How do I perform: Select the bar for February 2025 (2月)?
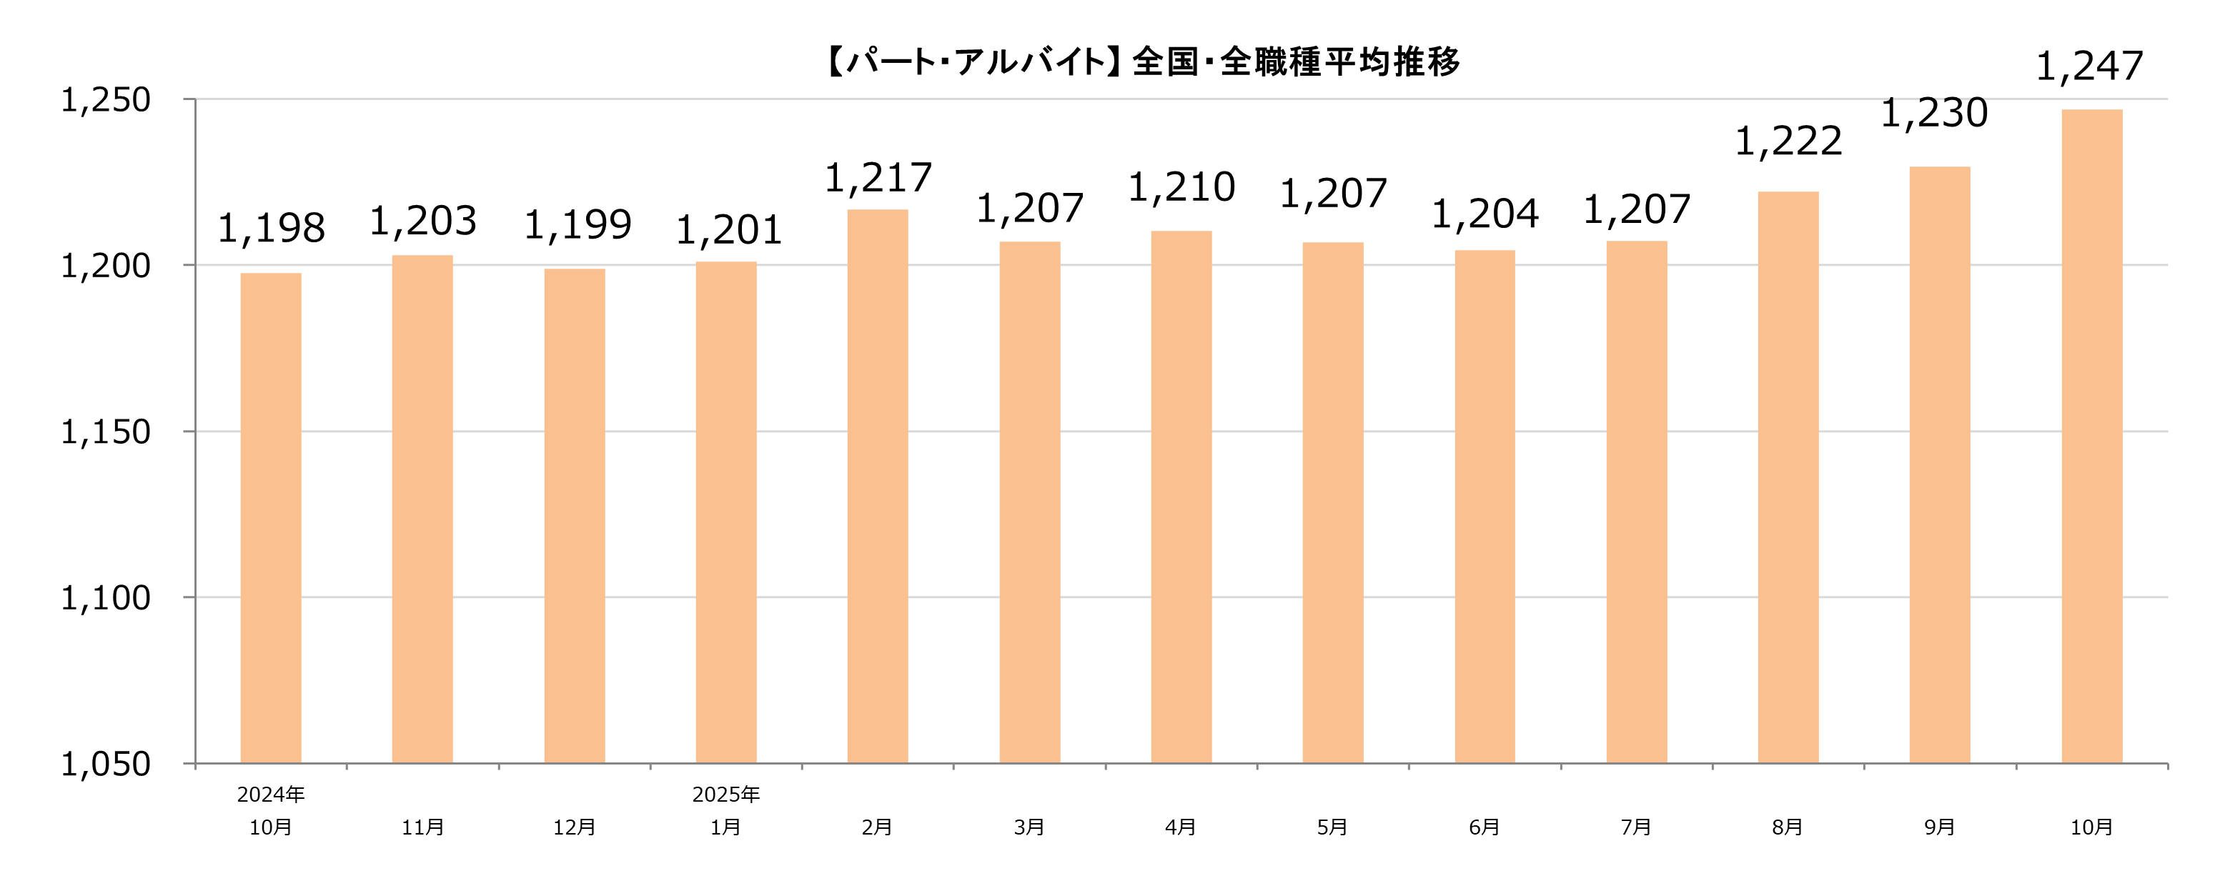coord(877,486)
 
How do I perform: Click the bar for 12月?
coord(575,515)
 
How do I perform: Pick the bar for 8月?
coord(1788,477)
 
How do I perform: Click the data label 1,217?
coord(877,179)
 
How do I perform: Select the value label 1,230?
coord(1933,114)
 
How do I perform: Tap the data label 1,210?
coord(1181,187)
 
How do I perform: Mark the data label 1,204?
coord(1485,214)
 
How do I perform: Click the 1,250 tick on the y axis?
coord(105,101)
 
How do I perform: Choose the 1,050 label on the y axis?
coord(105,765)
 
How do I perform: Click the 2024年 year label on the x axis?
coord(271,795)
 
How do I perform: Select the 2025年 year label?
coord(725,795)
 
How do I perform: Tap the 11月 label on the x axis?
coord(422,827)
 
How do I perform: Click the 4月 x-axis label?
coord(1181,827)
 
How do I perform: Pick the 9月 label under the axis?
coord(1939,827)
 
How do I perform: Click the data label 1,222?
coord(1788,142)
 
